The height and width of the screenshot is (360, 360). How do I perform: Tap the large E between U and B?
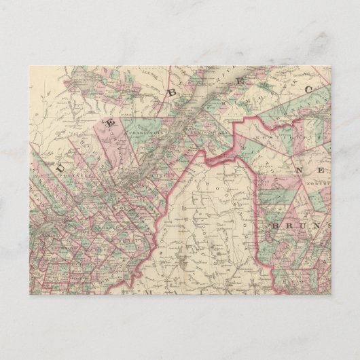point(108,121)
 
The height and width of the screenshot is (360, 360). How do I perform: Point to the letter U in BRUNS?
point(305,224)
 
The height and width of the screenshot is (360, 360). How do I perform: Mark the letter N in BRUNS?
point(317,224)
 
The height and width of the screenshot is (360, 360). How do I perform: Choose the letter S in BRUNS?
point(328,224)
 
